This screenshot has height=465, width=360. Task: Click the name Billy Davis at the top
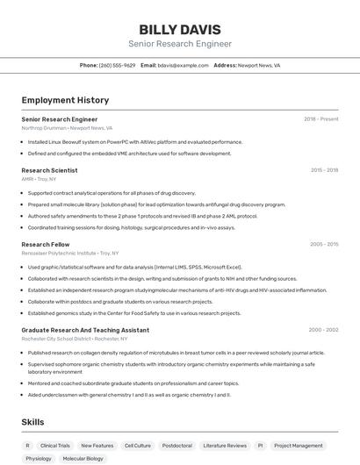point(180,29)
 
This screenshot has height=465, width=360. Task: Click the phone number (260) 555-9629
point(117,65)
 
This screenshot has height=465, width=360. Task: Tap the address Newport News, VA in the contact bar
point(259,65)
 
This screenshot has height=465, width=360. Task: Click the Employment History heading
point(65,101)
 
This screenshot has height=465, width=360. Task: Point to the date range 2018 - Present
point(320,118)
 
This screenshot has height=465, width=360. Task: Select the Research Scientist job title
point(49,170)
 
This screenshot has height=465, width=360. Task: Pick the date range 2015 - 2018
point(324,170)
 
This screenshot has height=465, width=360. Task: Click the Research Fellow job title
point(46,244)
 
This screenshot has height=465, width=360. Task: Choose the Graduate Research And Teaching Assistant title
point(85,330)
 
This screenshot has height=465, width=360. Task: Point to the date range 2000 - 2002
point(323,330)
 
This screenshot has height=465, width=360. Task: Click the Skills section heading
point(32,422)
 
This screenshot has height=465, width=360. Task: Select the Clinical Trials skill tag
point(55,446)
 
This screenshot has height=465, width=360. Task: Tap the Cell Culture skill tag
point(137,446)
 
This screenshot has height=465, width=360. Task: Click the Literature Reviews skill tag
point(225,446)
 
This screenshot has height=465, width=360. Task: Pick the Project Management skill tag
point(299,446)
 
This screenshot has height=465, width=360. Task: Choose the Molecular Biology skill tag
point(83,459)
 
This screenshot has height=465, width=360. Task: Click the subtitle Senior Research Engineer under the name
point(180,44)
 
